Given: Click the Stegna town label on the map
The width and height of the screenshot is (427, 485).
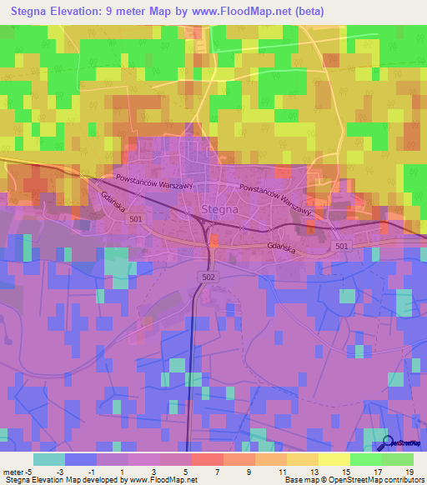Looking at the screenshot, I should [x=220, y=210].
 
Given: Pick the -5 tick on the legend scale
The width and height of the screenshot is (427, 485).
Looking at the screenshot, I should [x=28, y=471].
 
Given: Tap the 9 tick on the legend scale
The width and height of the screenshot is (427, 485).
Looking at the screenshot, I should [x=249, y=471].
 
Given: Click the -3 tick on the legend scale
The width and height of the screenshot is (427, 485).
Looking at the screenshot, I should [x=59, y=471].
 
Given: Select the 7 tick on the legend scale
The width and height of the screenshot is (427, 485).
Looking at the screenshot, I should [x=218, y=471].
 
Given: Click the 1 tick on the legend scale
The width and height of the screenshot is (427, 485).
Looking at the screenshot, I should [x=123, y=471].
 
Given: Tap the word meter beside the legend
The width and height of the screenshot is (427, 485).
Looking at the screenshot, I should [x=12, y=471].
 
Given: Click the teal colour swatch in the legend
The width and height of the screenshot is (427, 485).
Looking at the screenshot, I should [x=49, y=459].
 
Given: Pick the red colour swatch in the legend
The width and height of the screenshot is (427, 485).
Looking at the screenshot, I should [x=208, y=459].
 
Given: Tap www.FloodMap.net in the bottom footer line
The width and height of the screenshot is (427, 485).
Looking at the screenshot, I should [x=162, y=480].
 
